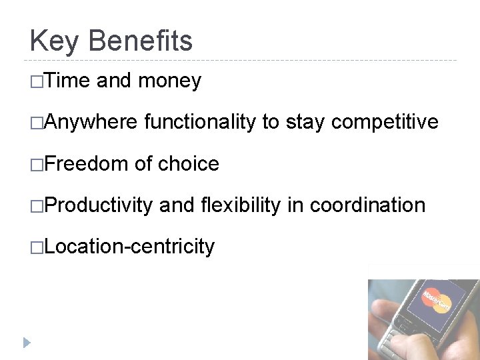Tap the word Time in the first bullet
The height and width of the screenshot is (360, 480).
coord(69,81)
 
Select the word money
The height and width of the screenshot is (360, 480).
coord(169,81)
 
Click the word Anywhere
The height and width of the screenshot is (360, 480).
coord(91,122)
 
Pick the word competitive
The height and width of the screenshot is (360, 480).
coord(385,122)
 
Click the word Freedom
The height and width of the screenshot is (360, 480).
coord(87,163)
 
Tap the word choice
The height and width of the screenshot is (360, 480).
coord(189,163)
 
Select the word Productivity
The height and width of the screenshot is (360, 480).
coord(99,205)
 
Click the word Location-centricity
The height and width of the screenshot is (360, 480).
coord(130,247)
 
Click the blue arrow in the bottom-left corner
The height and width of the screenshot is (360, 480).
coord(26,343)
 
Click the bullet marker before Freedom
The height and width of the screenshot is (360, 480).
coord(37,164)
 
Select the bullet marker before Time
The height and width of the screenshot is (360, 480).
coord(37,81)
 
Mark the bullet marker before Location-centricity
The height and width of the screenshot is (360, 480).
coord(37,247)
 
